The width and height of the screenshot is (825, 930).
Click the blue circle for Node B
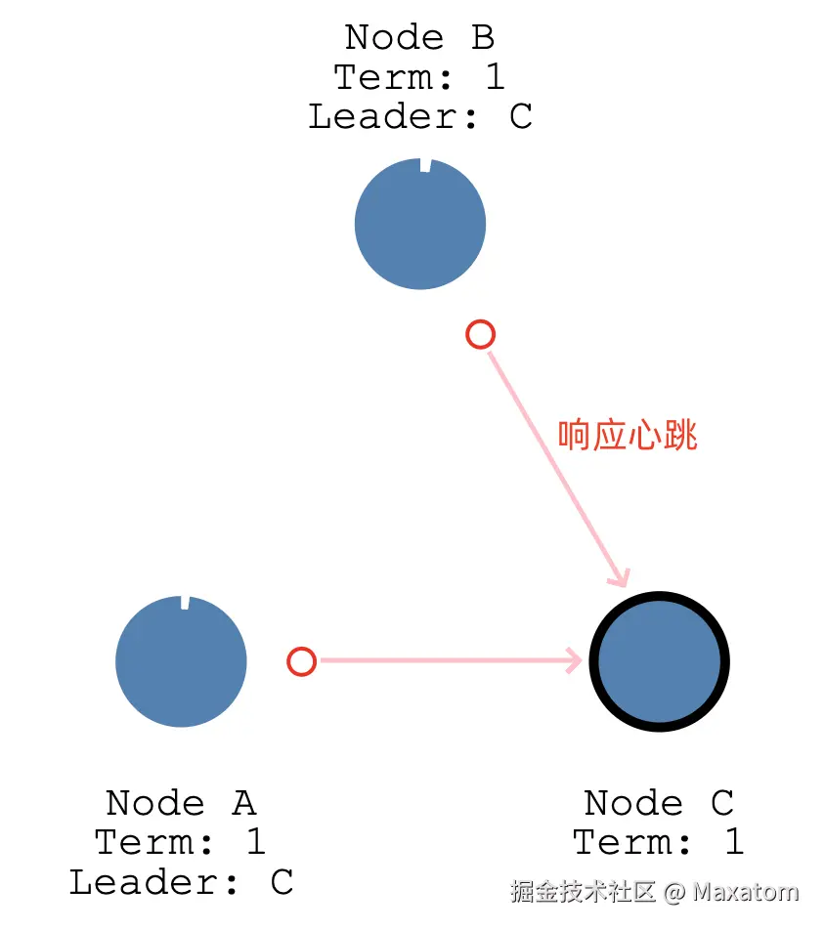pos(420,224)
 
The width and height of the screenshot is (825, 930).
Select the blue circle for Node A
pos(181,661)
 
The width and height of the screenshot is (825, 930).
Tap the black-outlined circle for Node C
pos(660,661)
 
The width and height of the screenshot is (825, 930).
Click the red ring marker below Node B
pos(480,335)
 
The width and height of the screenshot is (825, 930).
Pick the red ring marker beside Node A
pos(302,661)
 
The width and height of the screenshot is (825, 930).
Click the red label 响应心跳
pos(628,436)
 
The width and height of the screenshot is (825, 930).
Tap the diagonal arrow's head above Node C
pos(620,575)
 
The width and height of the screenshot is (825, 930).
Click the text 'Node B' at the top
pos(420,37)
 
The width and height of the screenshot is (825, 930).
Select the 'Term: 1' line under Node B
pos(420,76)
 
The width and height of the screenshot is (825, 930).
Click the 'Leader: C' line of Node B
pos(420,116)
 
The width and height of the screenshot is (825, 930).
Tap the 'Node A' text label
pos(181,803)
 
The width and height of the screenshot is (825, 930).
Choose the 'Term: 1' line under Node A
pos(181,842)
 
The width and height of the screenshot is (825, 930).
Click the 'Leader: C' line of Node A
pos(181,882)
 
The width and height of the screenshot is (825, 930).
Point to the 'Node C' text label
pos(659,803)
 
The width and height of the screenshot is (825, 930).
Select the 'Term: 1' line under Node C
pos(659,842)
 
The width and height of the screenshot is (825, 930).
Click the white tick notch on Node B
pos(425,165)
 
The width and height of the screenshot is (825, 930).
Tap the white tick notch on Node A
pos(185,602)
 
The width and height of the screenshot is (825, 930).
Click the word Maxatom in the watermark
pos(746,892)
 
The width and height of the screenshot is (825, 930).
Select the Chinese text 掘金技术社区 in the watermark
pos(583,892)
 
